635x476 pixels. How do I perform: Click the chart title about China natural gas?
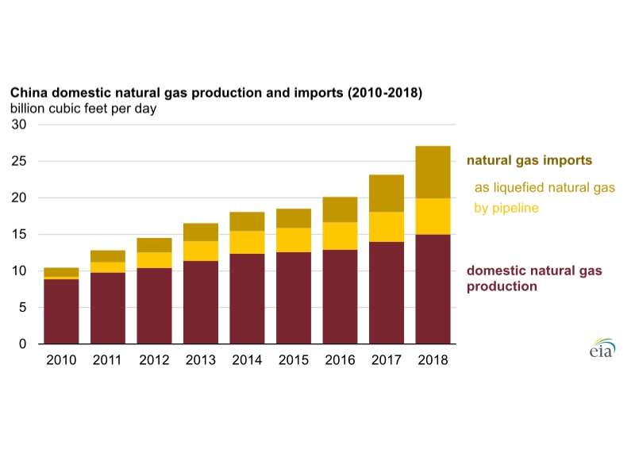tap(216, 93)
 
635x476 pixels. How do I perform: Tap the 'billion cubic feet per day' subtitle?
tap(83, 109)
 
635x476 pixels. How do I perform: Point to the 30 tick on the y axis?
tap(19, 125)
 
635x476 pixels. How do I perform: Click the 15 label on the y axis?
tap(19, 234)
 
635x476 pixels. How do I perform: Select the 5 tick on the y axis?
tap(23, 307)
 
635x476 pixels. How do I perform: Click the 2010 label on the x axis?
tap(61, 360)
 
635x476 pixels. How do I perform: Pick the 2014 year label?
tap(247, 360)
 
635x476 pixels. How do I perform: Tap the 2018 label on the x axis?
tap(433, 360)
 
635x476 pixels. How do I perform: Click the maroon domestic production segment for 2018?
tap(433, 289)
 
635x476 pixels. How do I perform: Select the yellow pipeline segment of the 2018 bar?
tap(433, 216)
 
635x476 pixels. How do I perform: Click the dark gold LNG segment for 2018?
tap(433, 172)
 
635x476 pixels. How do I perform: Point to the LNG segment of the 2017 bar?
tap(387, 193)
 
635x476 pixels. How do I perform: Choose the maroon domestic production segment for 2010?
tap(61, 311)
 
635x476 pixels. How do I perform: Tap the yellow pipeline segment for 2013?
tap(201, 251)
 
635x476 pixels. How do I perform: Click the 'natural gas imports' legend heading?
tap(529, 160)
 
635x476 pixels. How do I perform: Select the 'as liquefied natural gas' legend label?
tap(545, 188)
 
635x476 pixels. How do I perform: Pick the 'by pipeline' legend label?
tap(506, 208)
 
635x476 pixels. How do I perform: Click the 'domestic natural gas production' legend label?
tap(535, 278)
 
